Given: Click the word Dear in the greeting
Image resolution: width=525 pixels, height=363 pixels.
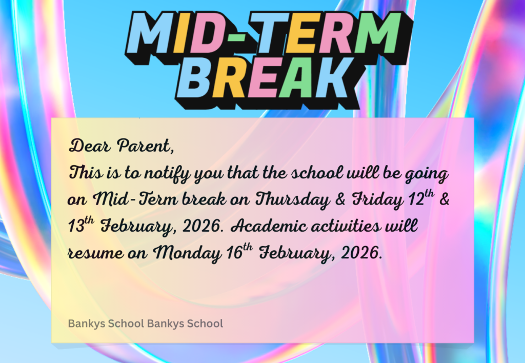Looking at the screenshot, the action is pos(89,146).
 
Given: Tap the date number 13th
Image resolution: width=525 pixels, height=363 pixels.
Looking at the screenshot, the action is pos(81,225).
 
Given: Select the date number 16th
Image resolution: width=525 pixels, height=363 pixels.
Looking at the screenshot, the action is pos(239,251).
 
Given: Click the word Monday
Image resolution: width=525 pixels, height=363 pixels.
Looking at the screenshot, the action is pos(187,253).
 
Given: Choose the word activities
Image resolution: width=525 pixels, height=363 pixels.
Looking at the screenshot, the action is pos(346,226).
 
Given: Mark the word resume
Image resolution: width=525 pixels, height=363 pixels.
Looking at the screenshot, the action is pos(95,253).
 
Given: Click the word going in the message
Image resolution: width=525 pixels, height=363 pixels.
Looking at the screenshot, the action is pos(427,174).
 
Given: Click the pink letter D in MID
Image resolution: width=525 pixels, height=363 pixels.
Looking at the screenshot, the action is pos(208,33).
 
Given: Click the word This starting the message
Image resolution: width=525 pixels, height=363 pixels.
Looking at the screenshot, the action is pos(86,173).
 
